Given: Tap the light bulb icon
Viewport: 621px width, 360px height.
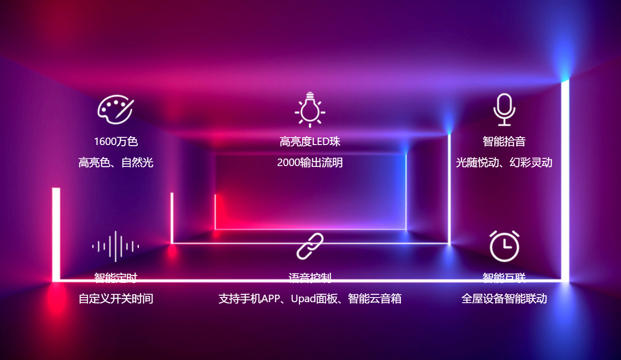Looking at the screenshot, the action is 310,110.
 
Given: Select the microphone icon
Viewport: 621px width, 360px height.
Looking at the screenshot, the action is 504,110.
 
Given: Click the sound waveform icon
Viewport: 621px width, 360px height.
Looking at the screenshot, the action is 116,246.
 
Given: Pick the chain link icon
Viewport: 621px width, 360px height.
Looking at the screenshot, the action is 310,246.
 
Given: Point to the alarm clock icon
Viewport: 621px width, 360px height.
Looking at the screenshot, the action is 504,246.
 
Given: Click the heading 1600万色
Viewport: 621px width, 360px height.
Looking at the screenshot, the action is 116,141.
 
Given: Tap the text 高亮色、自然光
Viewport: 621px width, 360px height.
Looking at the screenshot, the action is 116,163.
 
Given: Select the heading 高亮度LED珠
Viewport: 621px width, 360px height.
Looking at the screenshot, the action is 310,141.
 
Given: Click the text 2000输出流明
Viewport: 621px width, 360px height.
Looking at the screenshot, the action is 310,163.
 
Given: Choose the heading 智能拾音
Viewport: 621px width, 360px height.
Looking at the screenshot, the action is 504,141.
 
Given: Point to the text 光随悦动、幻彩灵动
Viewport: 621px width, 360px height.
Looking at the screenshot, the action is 504,163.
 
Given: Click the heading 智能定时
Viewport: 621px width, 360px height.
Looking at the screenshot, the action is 116,278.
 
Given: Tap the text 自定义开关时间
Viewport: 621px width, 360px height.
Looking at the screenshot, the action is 116,299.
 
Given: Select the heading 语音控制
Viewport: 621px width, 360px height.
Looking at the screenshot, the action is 310,278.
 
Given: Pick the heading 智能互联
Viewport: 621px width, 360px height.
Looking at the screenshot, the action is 504,278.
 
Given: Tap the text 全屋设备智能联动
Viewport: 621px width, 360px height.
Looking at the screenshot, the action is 504,299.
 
